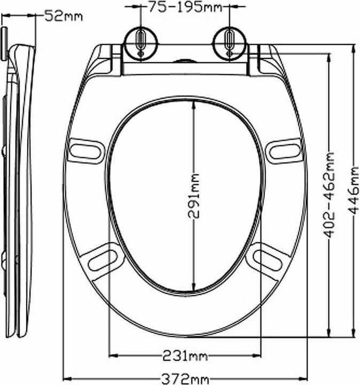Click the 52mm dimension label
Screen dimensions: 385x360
tap(63, 16)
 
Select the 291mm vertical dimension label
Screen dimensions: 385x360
tap(193, 196)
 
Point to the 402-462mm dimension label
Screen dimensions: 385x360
tap(330, 195)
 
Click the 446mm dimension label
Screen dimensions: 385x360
tap(354, 190)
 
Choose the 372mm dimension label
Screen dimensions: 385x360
tap(185, 379)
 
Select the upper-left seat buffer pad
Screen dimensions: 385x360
tap(86, 150)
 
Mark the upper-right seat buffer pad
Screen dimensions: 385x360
tap(284, 150)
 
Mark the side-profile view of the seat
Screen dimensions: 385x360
tap(19, 187)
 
